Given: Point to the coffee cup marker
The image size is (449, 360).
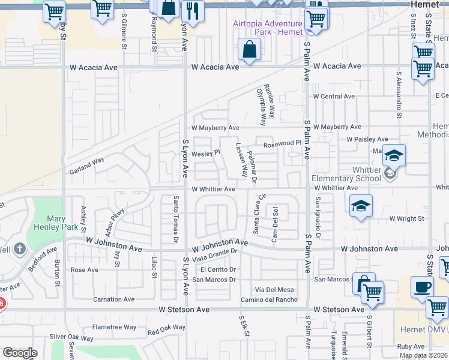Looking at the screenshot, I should point(423,287).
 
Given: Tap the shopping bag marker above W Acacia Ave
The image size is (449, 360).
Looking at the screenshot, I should point(249,49).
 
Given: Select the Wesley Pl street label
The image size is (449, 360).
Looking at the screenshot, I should point(202,154).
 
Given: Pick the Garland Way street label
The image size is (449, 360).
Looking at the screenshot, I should point(86,161).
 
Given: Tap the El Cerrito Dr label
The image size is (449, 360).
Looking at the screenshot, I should point(214,269).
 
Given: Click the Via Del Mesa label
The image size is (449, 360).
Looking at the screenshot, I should point(274,290).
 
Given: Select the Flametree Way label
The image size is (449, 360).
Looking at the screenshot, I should point(114,327).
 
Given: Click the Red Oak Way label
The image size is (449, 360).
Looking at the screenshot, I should point(166,328).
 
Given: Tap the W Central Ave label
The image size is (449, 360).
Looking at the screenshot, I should point(334,96).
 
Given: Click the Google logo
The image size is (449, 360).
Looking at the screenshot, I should point(20,353).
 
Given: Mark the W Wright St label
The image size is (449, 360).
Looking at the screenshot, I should point(406,218).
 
